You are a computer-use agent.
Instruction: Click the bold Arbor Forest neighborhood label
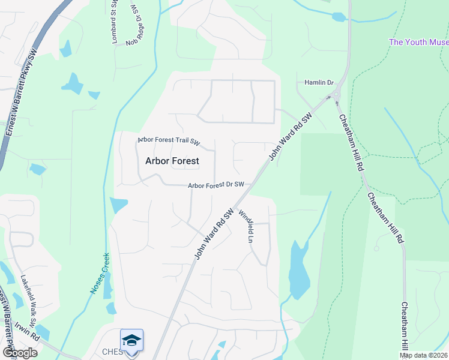[x=172, y=161]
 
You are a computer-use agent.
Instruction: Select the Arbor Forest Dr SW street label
[x=216, y=185]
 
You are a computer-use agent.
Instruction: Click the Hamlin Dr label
[x=318, y=82]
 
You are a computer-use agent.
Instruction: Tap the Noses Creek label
[x=100, y=273]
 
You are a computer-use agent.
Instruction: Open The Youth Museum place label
[x=418, y=42]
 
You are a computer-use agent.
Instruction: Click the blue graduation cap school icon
[x=131, y=340]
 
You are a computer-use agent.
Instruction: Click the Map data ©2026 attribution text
[x=423, y=355]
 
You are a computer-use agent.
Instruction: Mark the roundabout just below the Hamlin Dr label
[x=337, y=94]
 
